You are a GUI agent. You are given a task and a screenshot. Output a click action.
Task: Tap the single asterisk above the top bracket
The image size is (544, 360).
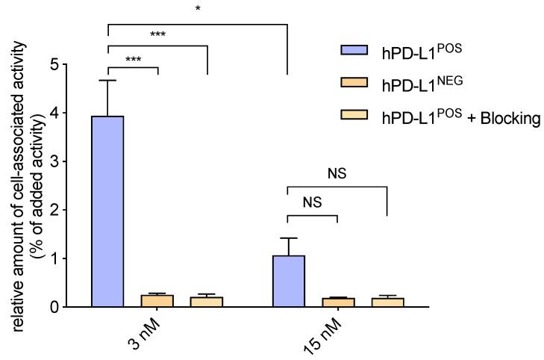(198, 9)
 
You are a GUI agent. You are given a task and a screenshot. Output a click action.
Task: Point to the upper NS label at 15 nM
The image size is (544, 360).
(338, 173)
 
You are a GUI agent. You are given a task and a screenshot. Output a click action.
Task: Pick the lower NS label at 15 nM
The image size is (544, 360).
(313, 202)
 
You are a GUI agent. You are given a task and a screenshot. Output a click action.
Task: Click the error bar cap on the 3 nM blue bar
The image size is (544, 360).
(108, 80)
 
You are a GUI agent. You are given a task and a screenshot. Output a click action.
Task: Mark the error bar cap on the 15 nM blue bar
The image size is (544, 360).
(288, 238)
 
